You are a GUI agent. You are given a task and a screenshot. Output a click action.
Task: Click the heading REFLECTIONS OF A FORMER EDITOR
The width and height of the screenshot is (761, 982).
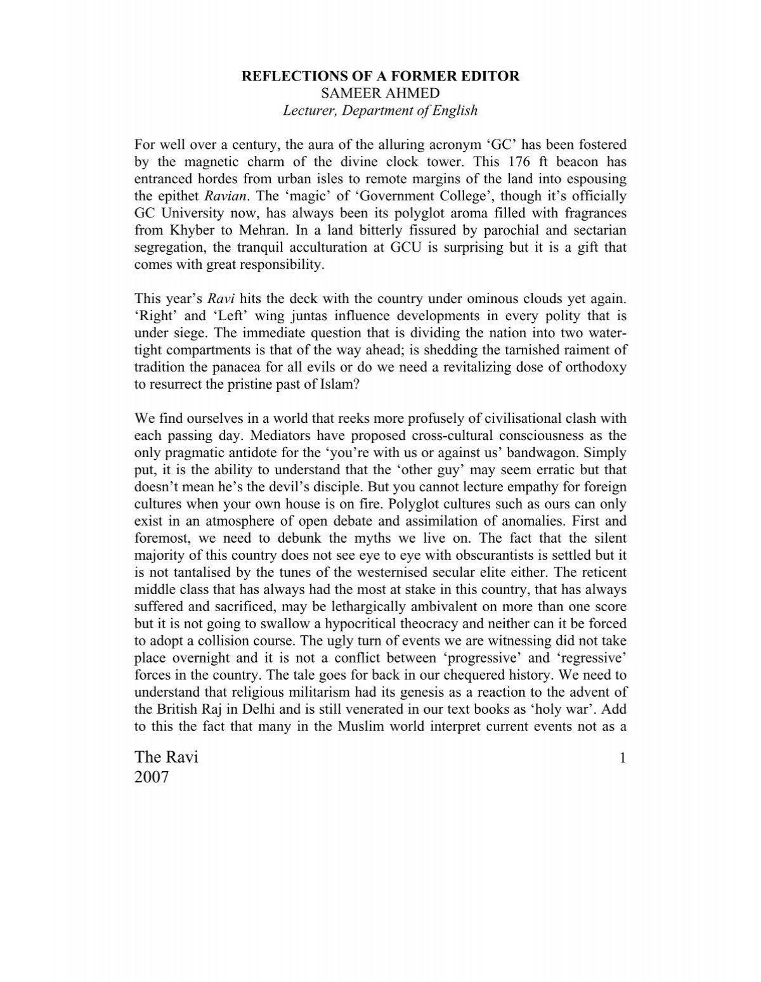click(x=380, y=77)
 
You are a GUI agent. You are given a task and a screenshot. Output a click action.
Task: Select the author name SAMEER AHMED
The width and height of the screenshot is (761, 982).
click(x=380, y=94)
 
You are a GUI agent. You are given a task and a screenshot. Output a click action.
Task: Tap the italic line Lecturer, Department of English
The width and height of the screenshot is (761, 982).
click(x=380, y=111)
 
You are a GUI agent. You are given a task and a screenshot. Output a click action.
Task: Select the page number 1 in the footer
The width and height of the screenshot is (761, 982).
click(x=623, y=758)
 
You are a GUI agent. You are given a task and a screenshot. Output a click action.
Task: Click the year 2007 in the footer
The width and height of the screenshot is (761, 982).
click(x=152, y=777)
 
